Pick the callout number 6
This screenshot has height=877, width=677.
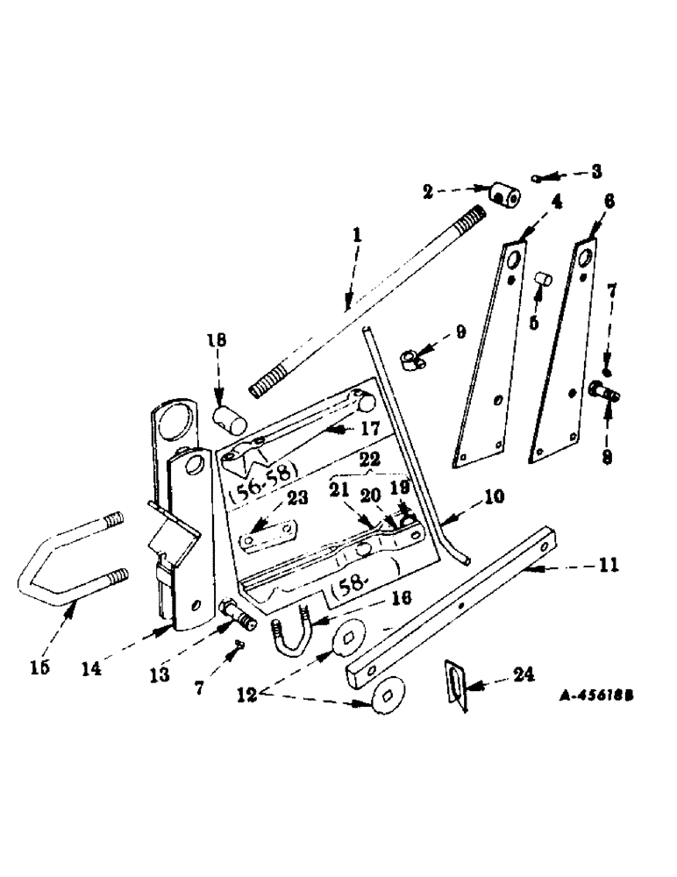pyautogui.click(x=609, y=201)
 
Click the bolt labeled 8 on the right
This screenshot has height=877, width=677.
pyautogui.click(x=603, y=390)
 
